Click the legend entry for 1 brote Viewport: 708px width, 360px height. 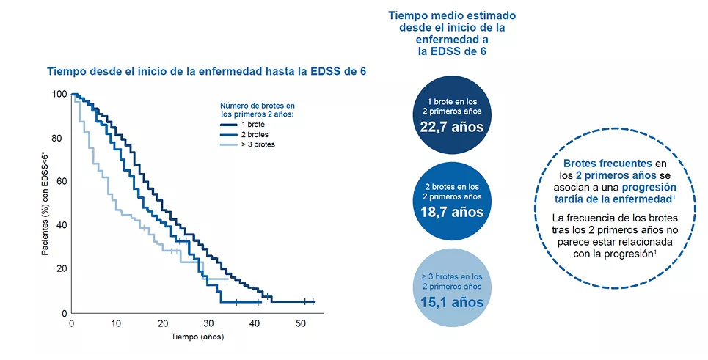257,125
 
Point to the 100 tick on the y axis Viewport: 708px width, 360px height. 59,95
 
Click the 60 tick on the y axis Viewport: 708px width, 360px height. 61,181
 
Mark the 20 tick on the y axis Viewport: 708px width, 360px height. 61,269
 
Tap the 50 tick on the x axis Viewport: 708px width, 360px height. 301,323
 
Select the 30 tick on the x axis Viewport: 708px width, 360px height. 209,323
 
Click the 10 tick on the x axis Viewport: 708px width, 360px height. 117,323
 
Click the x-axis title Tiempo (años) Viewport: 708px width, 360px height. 197,337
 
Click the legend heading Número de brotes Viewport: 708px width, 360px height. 258,110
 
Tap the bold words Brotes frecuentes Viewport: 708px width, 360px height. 607,163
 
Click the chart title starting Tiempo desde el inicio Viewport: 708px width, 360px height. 206,71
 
